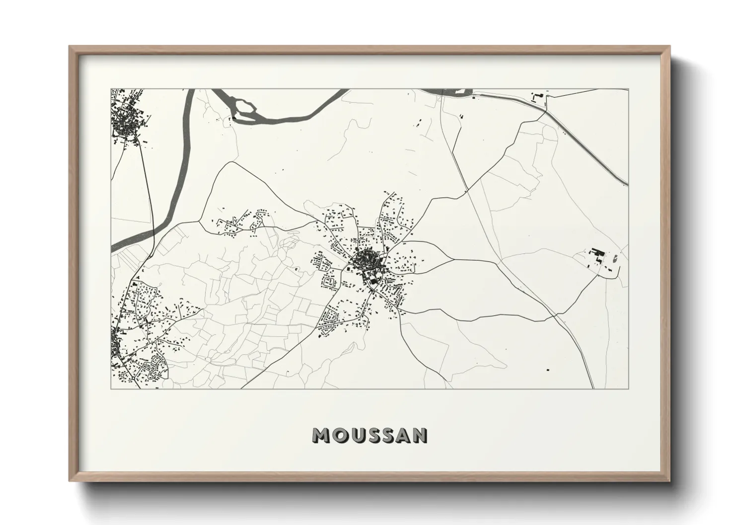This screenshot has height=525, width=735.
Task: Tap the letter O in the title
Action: click(x=338, y=436)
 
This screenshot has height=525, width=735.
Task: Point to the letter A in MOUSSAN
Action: click(x=403, y=436)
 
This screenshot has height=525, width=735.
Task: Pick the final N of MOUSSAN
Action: click(x=420, y=436)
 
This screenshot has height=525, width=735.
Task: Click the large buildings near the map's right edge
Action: click(x=596, y=257)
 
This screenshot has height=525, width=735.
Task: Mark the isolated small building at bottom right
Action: click(x=548, y=370)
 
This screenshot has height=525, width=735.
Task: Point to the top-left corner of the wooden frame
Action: click(x=70, y=47)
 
